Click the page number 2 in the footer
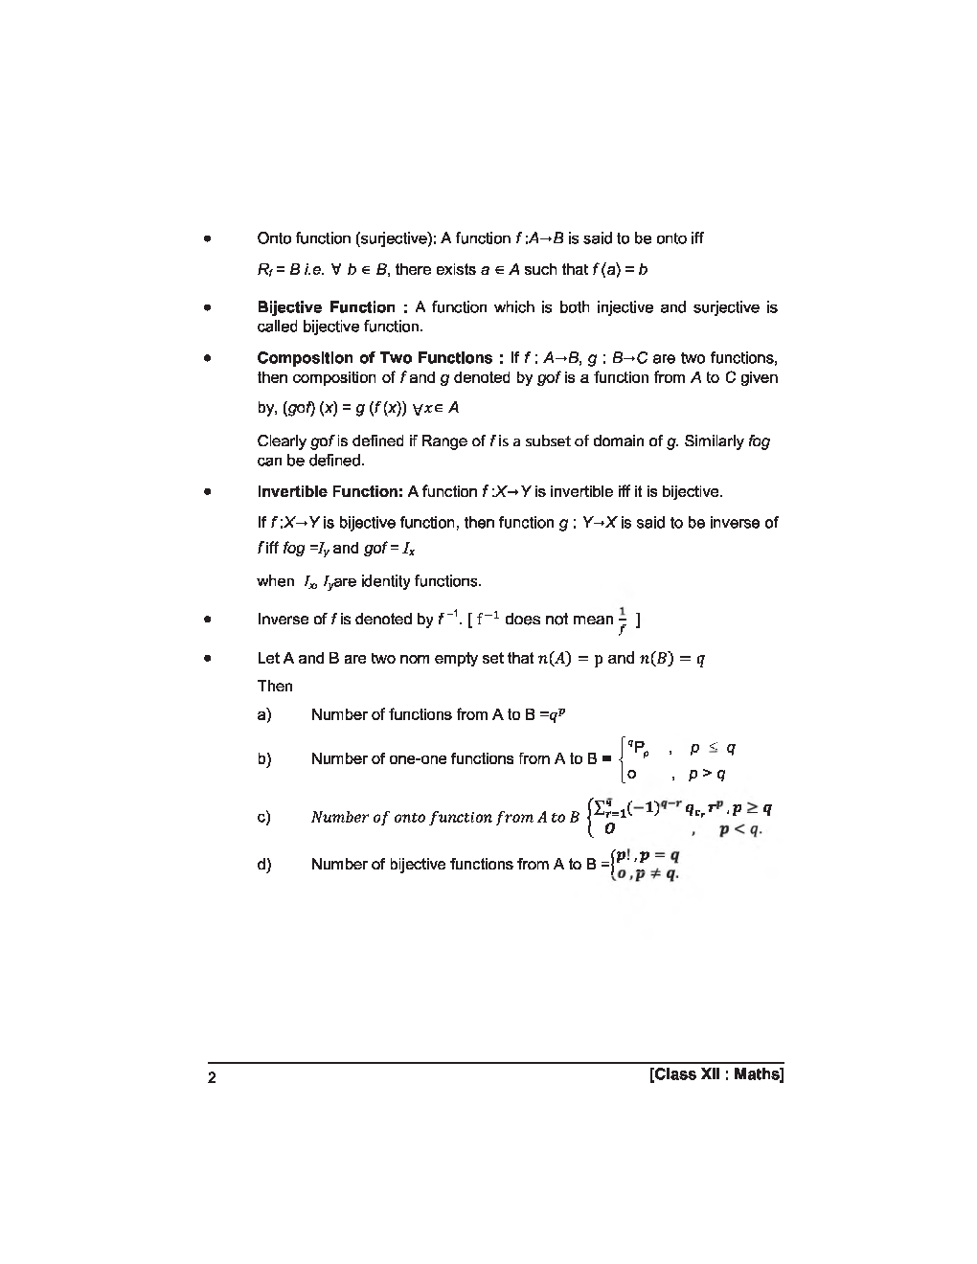pyautogui.click(x=213, y=1078)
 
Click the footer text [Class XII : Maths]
pyautogui.click(x=716, y=1074)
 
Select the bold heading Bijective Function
pyautogui.click(x=327, y=307)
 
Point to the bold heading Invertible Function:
pyautogui.click(x=330, y=492)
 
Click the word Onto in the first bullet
pyautogui.click(x=275, y=238)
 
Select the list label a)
pyautogui.click(x=264, y=715)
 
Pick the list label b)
pyautogui.click(x=264, y=759)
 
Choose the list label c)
pyautogui.click(x=264, y=818)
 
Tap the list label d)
pyautogui.click(x=264, y=865)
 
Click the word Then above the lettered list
pyautogui.click(x=275, y=687)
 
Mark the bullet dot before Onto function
pyautogui.click(x=206, y=239)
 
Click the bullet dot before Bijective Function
pyautogui.click(x=206, y=308)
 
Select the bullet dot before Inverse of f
pyautogui.click(x=206, y=621)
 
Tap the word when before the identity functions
pyautogui.click(x=276, y=581)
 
